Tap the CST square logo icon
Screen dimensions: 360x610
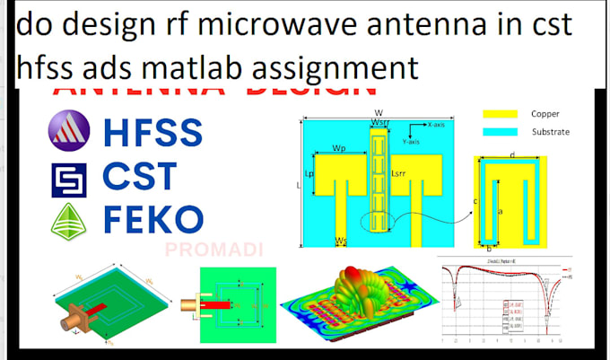point(67,177)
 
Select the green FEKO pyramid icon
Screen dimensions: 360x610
point(67,218)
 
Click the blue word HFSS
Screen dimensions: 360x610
point(152,134)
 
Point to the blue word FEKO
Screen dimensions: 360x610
point(152,218)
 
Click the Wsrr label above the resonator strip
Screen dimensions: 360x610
point(380,123)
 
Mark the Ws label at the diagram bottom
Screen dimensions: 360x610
point(341,241)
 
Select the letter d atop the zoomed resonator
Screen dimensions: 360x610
point(511,155)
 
